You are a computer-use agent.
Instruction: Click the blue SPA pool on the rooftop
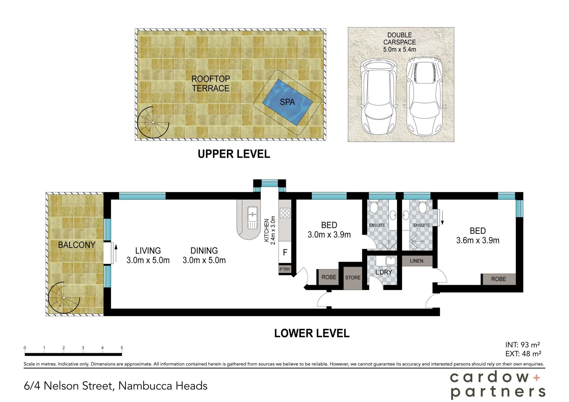[x=287, y=102]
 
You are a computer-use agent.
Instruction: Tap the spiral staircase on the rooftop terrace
[x=153, y=122]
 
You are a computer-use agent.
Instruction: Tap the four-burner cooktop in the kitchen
[x=285, y=213]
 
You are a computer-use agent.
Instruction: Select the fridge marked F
[x=285, y=252]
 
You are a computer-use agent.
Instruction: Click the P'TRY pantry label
[x=285, y=269]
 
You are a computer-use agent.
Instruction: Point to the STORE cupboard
[x=353, y=278]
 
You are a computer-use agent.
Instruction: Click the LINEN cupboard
[x=417, y=261]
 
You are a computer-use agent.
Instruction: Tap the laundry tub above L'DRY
[x=391, y=261]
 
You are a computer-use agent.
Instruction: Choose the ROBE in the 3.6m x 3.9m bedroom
[x=499, y=279]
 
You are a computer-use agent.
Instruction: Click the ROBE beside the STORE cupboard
[x=329, y=277]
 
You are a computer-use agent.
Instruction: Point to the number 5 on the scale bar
[x=122, y=348]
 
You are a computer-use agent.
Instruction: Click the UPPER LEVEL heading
[x=234, y=154]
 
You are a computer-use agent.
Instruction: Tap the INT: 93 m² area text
[x=522, y=345]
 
